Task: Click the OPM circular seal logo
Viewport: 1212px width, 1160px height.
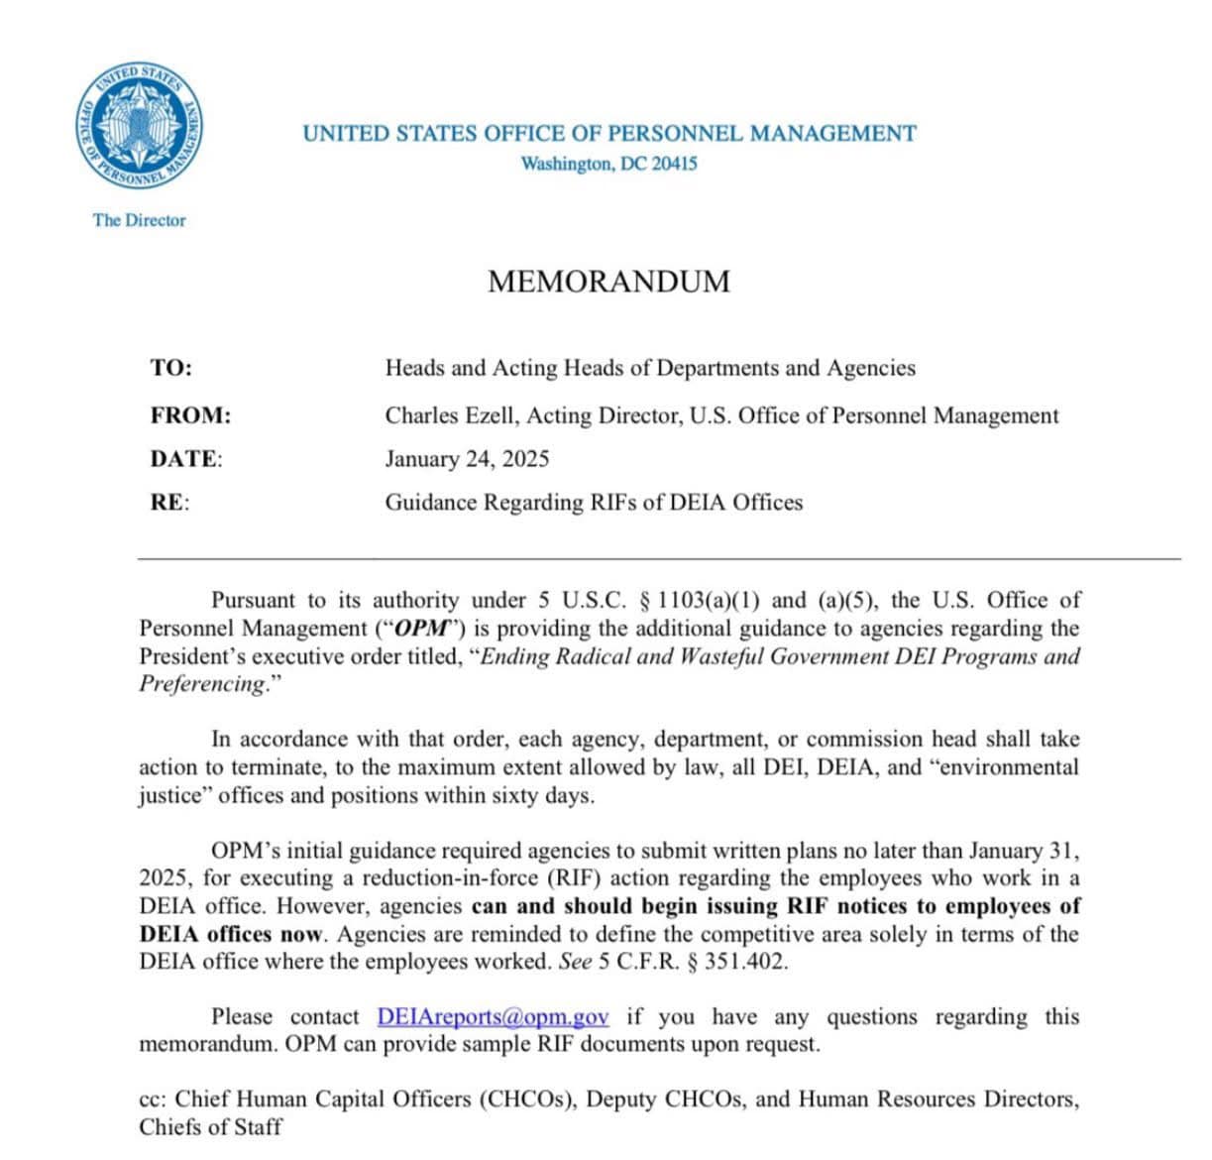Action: point(140,126)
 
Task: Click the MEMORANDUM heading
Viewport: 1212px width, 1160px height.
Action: point(608,282)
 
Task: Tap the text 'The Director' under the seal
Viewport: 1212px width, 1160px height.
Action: point(139,220)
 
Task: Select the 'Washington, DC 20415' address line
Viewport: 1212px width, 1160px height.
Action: point(608,164)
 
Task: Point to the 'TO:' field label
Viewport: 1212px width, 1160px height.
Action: point(171,368)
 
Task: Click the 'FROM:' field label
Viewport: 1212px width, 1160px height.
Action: point(190,415)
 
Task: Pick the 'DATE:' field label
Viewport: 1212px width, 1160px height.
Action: point(186,459)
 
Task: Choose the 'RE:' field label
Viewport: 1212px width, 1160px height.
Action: point(169,503)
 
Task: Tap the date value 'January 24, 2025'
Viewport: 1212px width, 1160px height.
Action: point(467,459)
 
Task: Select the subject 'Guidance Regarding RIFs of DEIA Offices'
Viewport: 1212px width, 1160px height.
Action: point(594,503)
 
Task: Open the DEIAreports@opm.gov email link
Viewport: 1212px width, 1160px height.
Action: point(493,1017)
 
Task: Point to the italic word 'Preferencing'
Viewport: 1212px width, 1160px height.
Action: point(202,684)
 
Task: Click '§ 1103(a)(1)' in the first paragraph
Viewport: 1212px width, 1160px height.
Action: point(701,601)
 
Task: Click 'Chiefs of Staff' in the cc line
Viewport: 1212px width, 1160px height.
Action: point(210,1127)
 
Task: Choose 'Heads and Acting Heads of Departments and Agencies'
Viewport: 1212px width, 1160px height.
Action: point(650,368)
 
